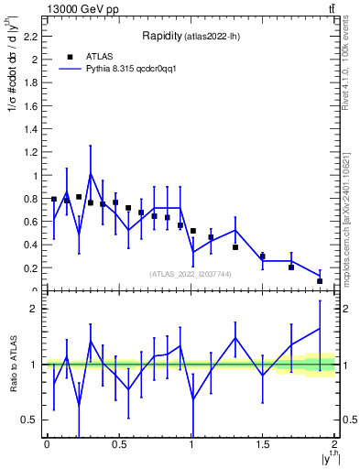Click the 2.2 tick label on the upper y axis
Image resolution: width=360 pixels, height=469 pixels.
coord(29,37)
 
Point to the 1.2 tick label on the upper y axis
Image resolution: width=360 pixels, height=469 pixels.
coord(29,152)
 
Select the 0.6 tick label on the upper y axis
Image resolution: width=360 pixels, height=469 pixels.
coord(29,222)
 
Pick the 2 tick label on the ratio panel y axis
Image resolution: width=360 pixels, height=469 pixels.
coord(33,310)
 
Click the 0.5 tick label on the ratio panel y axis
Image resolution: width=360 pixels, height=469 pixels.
coord(29,420)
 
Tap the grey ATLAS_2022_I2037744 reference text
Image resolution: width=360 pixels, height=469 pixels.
coord(190,274)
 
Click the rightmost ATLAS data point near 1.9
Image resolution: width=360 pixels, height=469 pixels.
coord(320,281)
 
